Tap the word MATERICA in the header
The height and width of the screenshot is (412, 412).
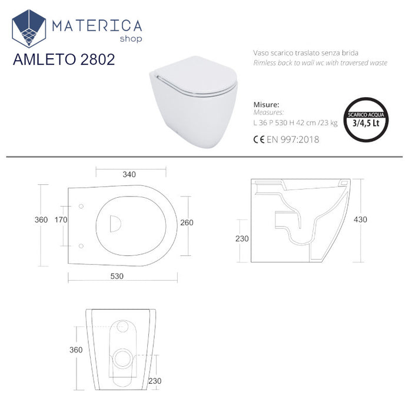click(97, 25)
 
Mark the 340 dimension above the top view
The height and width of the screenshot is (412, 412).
click(129, 174)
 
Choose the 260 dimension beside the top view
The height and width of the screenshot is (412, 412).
click(187, 222)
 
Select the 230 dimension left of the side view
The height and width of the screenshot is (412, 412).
click(242, 238)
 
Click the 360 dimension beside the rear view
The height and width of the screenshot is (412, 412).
click(75, 350)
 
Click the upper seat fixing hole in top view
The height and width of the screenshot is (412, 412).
click(81, 206)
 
